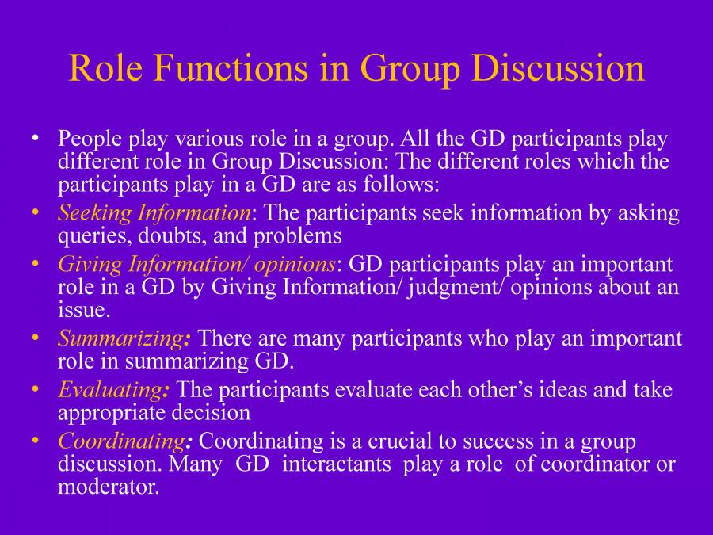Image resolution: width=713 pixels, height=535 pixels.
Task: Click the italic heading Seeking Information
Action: (154, 212)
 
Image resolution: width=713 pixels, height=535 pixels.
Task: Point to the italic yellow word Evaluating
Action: (110, 389)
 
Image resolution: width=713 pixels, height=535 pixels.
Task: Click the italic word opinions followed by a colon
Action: (295, 263)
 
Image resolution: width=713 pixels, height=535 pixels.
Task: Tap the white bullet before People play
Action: (35, 139)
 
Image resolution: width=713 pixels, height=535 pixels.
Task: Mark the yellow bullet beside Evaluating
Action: (35, 389)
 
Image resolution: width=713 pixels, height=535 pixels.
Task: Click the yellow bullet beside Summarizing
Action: (35, 338)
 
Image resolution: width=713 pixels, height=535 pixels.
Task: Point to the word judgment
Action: (456, 287)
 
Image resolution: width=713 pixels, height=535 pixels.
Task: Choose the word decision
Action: (214, 412)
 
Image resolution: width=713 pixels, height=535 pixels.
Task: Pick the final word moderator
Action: (108, 487)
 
